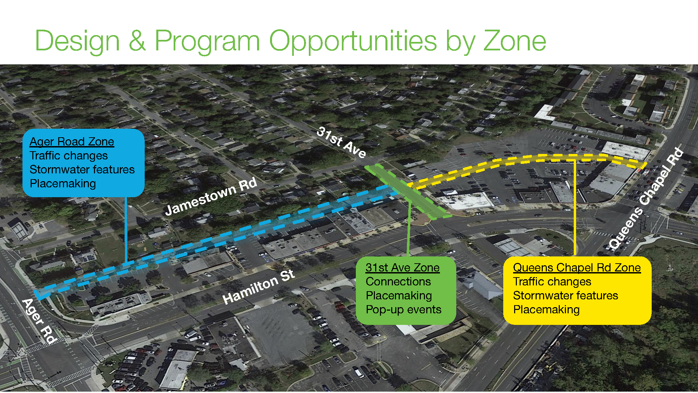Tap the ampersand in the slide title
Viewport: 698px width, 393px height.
137,41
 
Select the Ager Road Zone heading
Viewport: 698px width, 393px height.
72,142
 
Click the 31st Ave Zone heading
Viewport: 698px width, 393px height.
402,268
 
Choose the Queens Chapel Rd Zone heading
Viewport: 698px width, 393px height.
577,268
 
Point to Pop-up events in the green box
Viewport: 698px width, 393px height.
403,310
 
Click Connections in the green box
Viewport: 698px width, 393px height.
398,282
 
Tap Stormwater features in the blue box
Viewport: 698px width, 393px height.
82,170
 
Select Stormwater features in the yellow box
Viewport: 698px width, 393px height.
566,296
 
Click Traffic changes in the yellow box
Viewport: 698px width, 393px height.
552,282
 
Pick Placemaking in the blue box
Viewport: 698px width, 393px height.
63,184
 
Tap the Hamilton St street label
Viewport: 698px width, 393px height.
258,286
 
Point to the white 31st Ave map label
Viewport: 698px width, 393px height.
342,142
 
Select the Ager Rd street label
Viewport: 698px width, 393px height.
39,321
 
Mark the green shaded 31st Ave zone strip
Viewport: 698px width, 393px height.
408,192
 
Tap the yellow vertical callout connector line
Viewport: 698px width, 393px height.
574,208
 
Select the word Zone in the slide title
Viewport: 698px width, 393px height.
515,41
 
